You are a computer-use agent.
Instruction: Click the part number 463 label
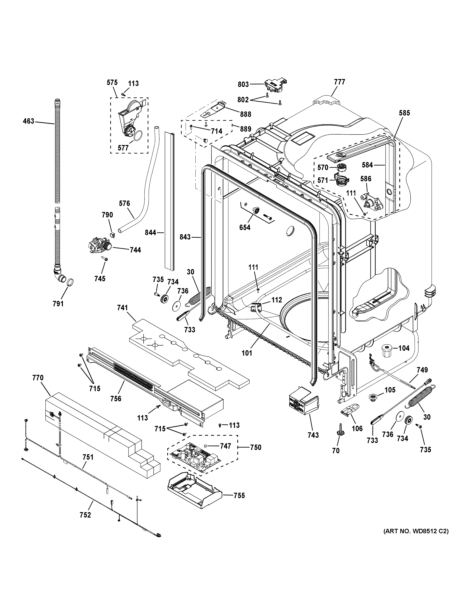point(28,121)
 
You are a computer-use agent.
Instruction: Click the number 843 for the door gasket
point(185,237)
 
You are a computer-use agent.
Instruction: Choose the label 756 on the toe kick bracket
point(116,399)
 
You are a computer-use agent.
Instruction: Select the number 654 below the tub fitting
point(245,228)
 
